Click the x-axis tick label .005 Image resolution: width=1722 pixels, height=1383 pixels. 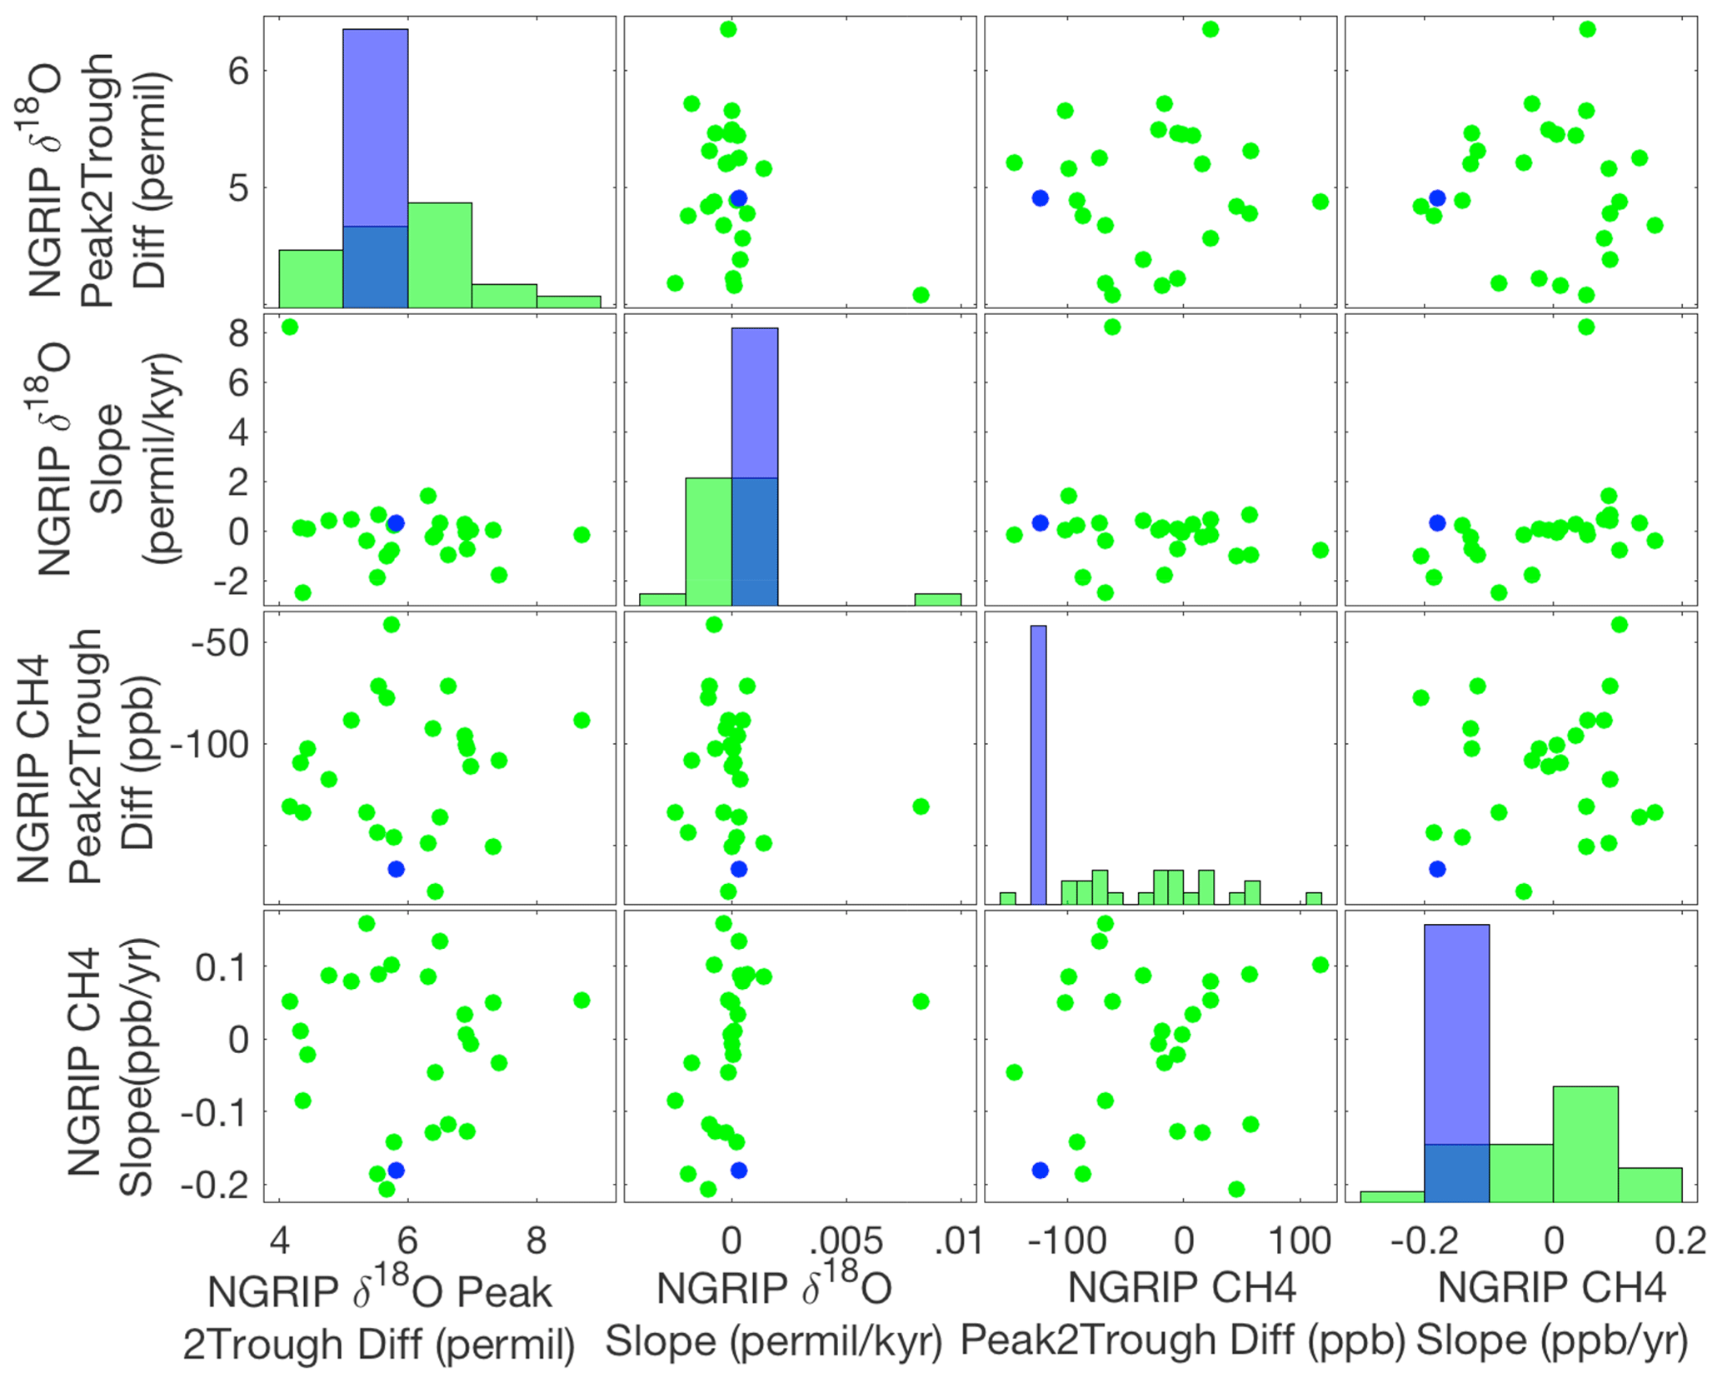pos(846,1241)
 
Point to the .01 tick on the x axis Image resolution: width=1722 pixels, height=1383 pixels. pos(959,1241)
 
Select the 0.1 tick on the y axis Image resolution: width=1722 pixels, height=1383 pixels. pos(221,967)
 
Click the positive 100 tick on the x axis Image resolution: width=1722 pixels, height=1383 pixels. pos(1298,1241)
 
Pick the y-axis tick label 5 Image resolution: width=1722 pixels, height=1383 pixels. pos(239,188)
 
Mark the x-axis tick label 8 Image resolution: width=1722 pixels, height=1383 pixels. pos(536,1241)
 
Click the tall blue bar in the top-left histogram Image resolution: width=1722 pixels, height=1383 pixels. pos(375,128)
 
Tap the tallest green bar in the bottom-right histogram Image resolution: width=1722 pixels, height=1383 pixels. pos(1585,1143)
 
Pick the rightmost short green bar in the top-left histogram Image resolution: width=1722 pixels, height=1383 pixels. pos(568,302)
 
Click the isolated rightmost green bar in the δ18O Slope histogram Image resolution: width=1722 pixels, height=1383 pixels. pos(937,599)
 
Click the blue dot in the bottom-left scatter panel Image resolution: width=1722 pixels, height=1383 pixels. pos(396,1170)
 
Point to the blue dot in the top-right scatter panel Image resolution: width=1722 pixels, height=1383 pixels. pos(1436,198)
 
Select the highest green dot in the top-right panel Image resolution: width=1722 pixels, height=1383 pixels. pos(1587,29)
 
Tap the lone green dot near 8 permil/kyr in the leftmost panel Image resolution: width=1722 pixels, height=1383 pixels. pos(289,327)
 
